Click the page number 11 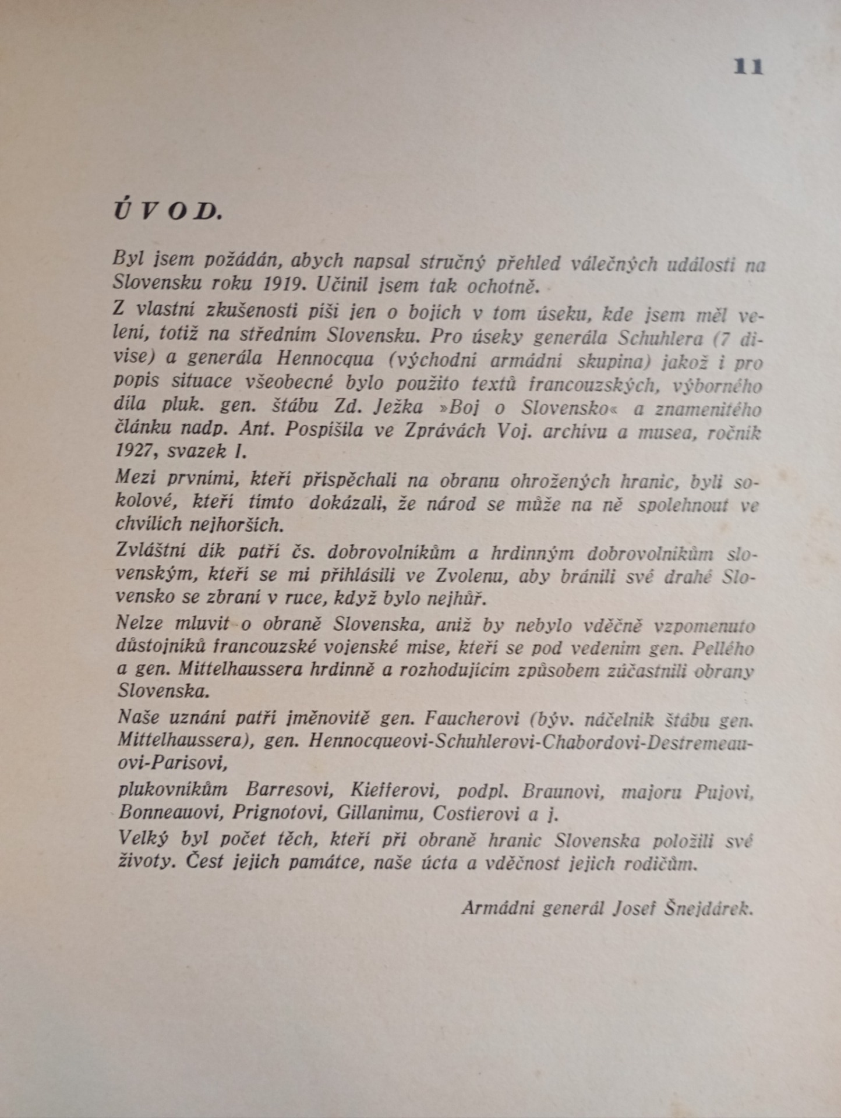(748, 67)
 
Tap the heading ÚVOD (168, 211)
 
